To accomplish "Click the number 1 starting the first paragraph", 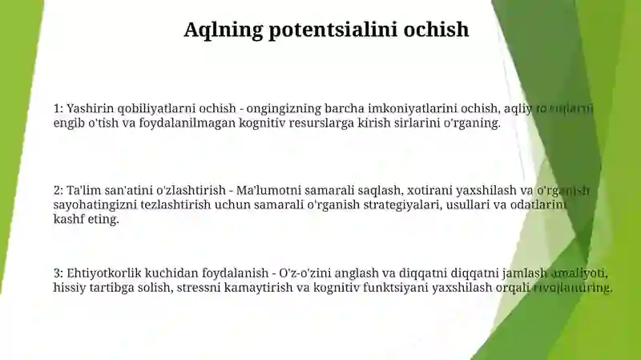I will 57,108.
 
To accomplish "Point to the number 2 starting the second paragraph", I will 57,191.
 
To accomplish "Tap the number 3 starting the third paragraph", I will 57,273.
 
